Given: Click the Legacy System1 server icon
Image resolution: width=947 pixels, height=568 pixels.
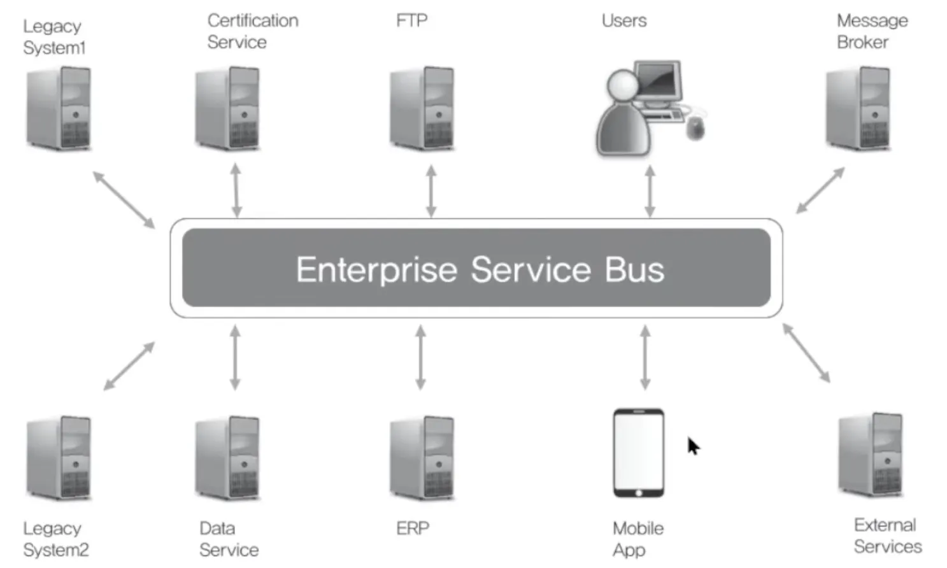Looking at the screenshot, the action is pyautogui.click(x=59, y=109).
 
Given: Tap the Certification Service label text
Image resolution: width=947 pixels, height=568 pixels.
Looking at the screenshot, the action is pyautogui.click(x=253, y=31).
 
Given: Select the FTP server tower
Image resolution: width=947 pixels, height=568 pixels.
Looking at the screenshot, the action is pyautogui.click(x=422, y=109).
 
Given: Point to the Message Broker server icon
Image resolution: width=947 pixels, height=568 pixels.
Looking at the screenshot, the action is pyautogui.click(x=858, y=109).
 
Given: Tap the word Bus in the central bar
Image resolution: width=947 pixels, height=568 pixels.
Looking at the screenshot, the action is pyautogui.click(x=634, y=269).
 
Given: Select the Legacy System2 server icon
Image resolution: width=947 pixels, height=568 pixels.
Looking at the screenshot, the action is pyautogui.click(x=59, y=458).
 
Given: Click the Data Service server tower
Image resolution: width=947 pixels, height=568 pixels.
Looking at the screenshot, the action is pyautogui.click(x=227, y=458).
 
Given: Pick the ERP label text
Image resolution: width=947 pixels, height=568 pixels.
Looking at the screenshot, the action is pyautogui.click(x=413, y=529).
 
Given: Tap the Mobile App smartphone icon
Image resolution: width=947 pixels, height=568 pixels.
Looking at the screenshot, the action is pyautogui.click(x=639, y=453).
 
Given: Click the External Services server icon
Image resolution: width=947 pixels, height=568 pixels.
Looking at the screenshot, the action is pyautogui.click(x=871, y=455).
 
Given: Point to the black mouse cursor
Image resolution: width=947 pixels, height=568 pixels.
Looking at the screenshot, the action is pyautogui.click(x=694, y=446).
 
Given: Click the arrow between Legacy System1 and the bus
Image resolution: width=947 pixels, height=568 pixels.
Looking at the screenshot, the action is pyautogui.click(x=124, y=200).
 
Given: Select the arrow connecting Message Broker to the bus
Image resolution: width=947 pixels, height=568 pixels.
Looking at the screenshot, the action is pyautogui.click(x=821, y=190).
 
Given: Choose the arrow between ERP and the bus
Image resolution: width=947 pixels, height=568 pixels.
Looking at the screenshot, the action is pyautogui.click(x=421, y=357).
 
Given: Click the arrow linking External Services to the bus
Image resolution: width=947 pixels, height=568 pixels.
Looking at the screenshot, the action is pyautogui.click(x=806, y=353).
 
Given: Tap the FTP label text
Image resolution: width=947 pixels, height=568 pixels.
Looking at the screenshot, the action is pyautogui.click(x=412, y=20).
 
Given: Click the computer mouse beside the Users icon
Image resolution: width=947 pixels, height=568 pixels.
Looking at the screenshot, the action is pyautogui.click(x=695, y=128).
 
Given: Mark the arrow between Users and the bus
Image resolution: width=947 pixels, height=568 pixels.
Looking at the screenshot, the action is pyautogui.click(x=650, y=192).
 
